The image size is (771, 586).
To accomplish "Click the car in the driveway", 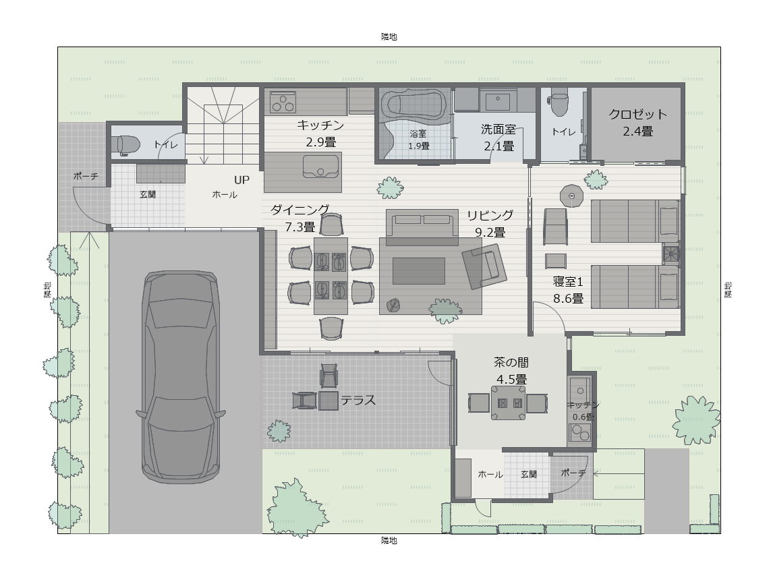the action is tap(181, 377).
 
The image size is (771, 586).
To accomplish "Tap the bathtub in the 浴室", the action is tap(416, 105).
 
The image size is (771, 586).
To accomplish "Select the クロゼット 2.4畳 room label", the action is tap(637, 123).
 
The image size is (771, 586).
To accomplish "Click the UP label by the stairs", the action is tap(241, 180).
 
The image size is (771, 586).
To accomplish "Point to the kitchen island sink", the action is tap(320, 166).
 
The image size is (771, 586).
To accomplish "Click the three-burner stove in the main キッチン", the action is tap(283, 102).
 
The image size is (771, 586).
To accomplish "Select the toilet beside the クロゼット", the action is tap(560, 103).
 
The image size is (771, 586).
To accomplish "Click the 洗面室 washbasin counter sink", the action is tap(498, 100).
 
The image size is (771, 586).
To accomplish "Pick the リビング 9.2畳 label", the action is tap(490, 223).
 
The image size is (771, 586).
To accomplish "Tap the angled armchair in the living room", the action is tap(484, 266).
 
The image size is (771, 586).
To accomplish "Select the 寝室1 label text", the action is tap(568, 282).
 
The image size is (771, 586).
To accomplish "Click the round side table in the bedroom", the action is tap(571, 196).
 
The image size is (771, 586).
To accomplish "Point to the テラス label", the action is tap(358, 400).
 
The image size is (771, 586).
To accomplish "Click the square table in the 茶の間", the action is tap(508, 403).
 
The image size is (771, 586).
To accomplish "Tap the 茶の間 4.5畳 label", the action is tap(511, 371).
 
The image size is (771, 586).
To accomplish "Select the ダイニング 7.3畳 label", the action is tap(300, 218).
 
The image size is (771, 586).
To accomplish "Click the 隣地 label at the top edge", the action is tap(389, 36).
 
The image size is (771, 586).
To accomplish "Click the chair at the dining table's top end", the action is tap(331, 225).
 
